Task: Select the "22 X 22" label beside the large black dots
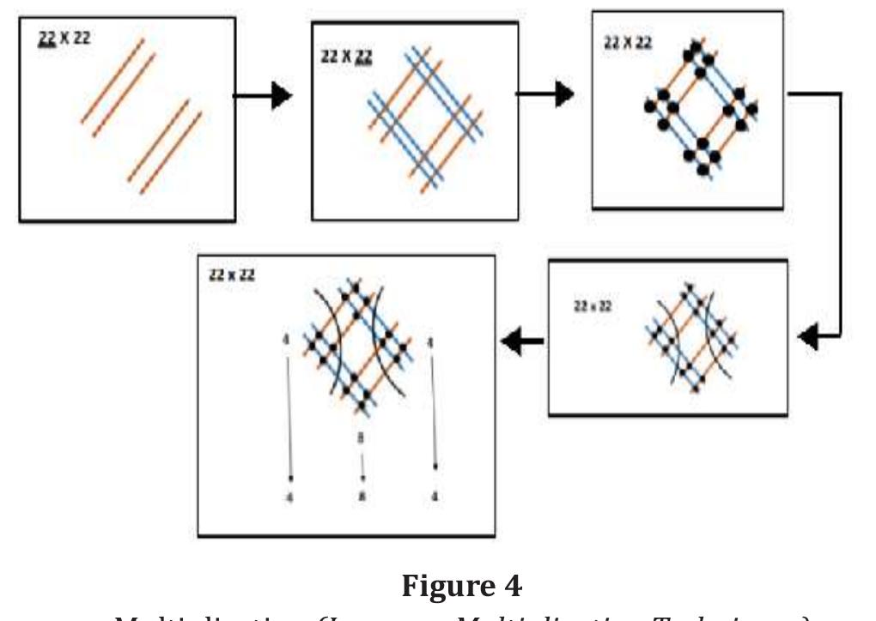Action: click(628, 42)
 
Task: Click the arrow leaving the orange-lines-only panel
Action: click(264, 96)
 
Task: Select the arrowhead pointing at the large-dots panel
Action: click(564, 93)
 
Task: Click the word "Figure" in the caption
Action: click(449, 586)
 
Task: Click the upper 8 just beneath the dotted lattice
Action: click(362, 437)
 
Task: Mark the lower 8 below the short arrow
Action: click(362, 497)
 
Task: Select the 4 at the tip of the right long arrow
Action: click(435, 497)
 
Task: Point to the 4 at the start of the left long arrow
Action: click(286, 341)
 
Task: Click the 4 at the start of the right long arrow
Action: click(430, 343)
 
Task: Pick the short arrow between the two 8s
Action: click(362, 467)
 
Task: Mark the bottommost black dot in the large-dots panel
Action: click(703, 170)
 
